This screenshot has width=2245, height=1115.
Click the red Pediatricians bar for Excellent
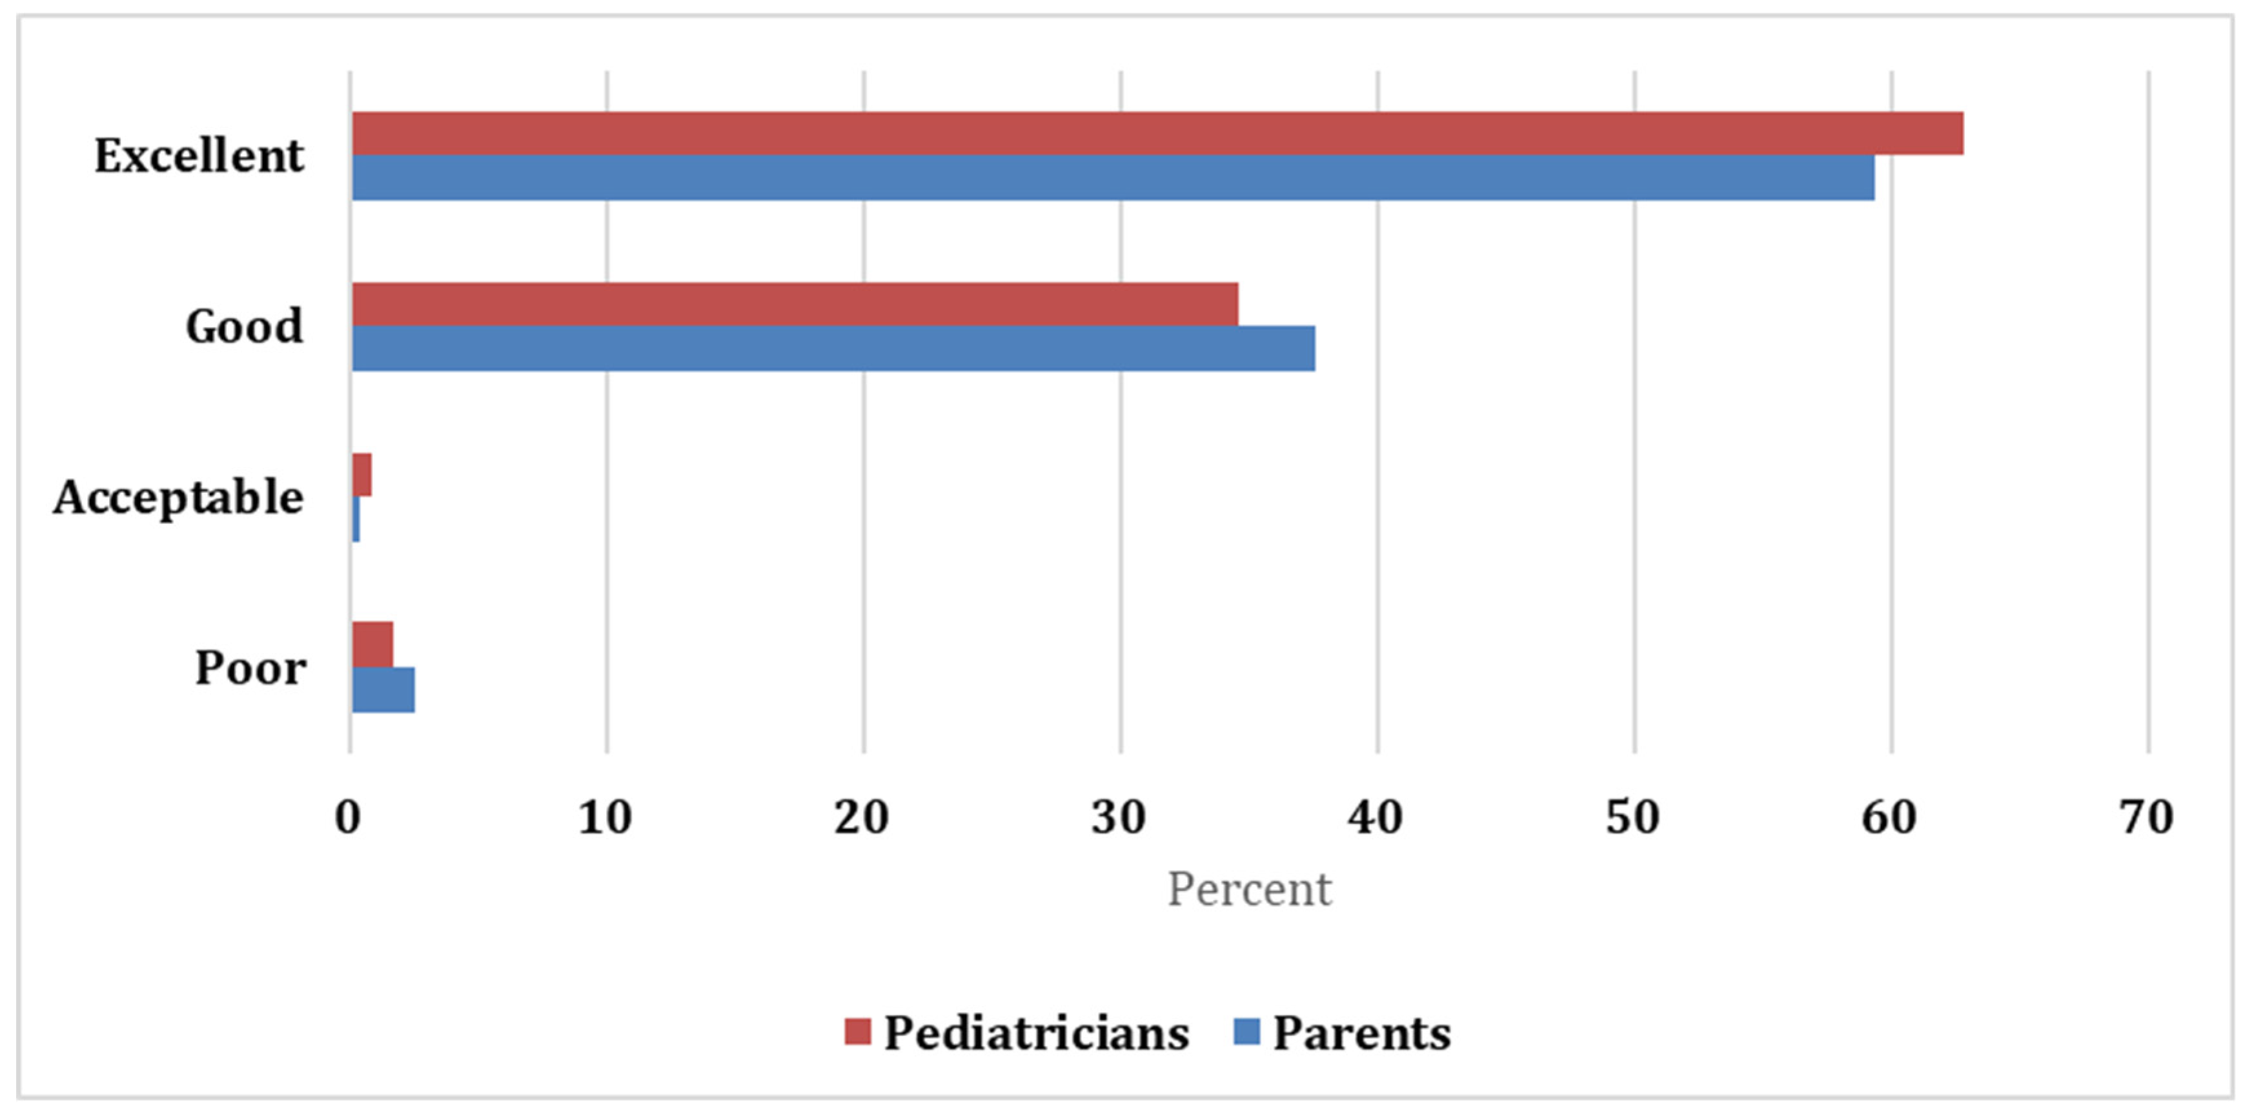(1157, 134)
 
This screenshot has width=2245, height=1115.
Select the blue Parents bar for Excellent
(1113, 178)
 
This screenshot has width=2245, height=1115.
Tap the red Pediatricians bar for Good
(795, 304)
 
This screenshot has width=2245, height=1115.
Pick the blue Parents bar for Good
(833, 349)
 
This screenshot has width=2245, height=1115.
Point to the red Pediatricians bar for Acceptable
(361, 475)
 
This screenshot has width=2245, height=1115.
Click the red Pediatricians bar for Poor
(372, 645)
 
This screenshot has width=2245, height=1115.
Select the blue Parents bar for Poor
(383, 690)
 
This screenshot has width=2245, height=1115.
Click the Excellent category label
(199, 157)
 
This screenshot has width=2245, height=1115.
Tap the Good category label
(244, 327)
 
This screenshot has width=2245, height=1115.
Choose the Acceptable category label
(179, 498)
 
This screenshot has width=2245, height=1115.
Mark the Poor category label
(250, 669)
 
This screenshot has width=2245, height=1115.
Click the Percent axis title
(1249, 889)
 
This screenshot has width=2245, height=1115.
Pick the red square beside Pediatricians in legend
(858, 1032)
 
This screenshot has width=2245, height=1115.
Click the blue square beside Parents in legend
(1247, 1032)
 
